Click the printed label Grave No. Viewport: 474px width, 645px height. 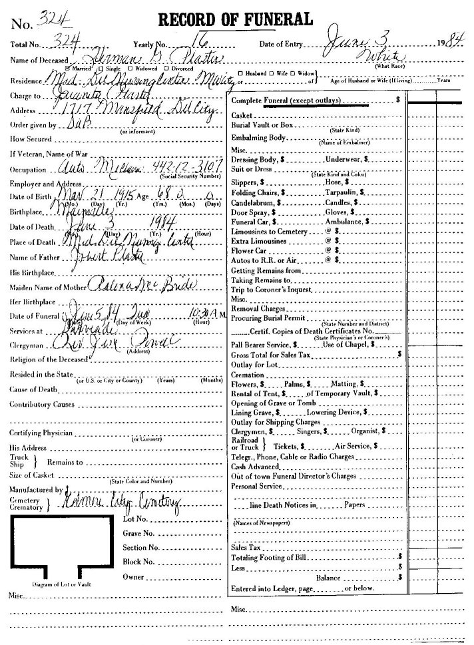pos(138,534)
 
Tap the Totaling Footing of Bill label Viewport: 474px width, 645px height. pos(270,555)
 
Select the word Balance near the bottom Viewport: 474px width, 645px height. pos(328,578)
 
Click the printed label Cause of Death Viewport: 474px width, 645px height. pos(33,389)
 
